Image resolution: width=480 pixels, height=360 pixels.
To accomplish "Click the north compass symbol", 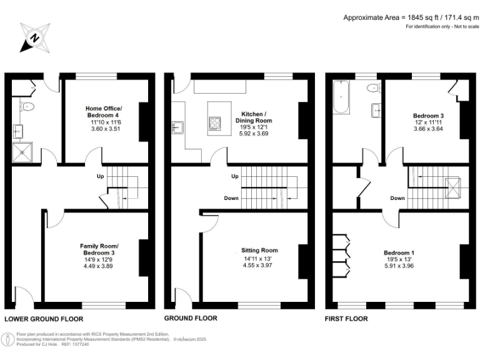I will tap(35, 37).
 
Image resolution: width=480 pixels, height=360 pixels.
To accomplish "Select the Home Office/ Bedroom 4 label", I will tap(104, 112).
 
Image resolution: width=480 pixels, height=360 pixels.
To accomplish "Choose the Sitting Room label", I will tap(259, 250).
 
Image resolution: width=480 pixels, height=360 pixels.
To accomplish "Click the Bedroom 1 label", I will tap(399, 252).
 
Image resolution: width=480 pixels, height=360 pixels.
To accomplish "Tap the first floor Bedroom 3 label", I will tap(428, 116).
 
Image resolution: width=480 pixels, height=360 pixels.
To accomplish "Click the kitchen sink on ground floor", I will tap(177, 127).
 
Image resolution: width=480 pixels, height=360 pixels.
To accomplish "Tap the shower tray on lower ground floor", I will tap(24, 149).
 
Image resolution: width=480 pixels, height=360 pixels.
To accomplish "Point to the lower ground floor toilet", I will tap(27, 107).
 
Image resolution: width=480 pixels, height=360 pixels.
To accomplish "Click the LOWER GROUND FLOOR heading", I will tap(41, 319).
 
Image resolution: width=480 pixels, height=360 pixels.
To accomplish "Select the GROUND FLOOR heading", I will tap(191, 318).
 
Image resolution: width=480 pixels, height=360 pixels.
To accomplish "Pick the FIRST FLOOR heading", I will tap(346, 318).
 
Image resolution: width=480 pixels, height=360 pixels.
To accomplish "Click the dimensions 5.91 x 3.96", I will tap(399, 266).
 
